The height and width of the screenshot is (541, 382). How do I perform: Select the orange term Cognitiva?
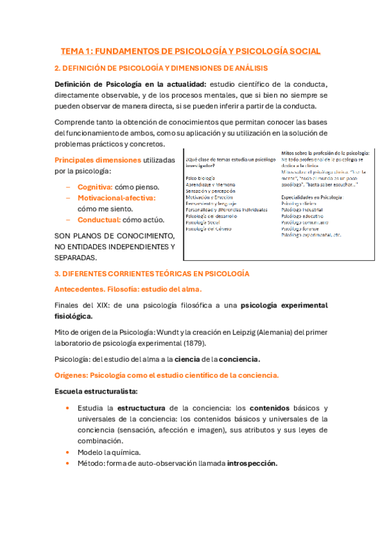click(x=95, y=187)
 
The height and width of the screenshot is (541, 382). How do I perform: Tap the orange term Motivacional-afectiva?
click(x=116, y=198)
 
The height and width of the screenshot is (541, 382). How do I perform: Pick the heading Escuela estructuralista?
click(x=96, y=390)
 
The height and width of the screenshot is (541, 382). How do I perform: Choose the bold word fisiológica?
click(x=73, y=315)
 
